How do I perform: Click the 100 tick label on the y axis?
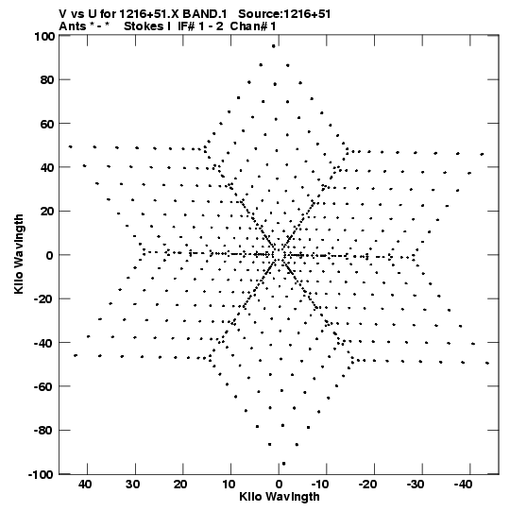pos(44,36)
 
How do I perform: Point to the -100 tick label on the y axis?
pos(42,474)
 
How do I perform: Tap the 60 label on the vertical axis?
pos(47,124)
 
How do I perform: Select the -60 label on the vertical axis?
pos(44,387)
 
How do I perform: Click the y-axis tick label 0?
pos(50,255)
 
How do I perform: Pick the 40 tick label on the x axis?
pos(85,485)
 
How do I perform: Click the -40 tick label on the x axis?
pos(463,485)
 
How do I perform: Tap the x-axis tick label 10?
pos(229,485)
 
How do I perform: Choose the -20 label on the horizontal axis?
pos(367,485)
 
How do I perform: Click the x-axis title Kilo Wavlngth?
pos(280,497)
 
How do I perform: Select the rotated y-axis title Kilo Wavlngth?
pos(19,254)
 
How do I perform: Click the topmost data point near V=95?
pos(273,46)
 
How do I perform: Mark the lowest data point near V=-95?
pos(283,464)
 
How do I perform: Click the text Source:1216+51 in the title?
pos(284,14)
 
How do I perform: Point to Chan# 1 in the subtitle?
pos(253,26)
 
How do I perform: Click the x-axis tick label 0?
pos(279,485)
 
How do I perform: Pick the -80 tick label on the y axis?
pos(44,431)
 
